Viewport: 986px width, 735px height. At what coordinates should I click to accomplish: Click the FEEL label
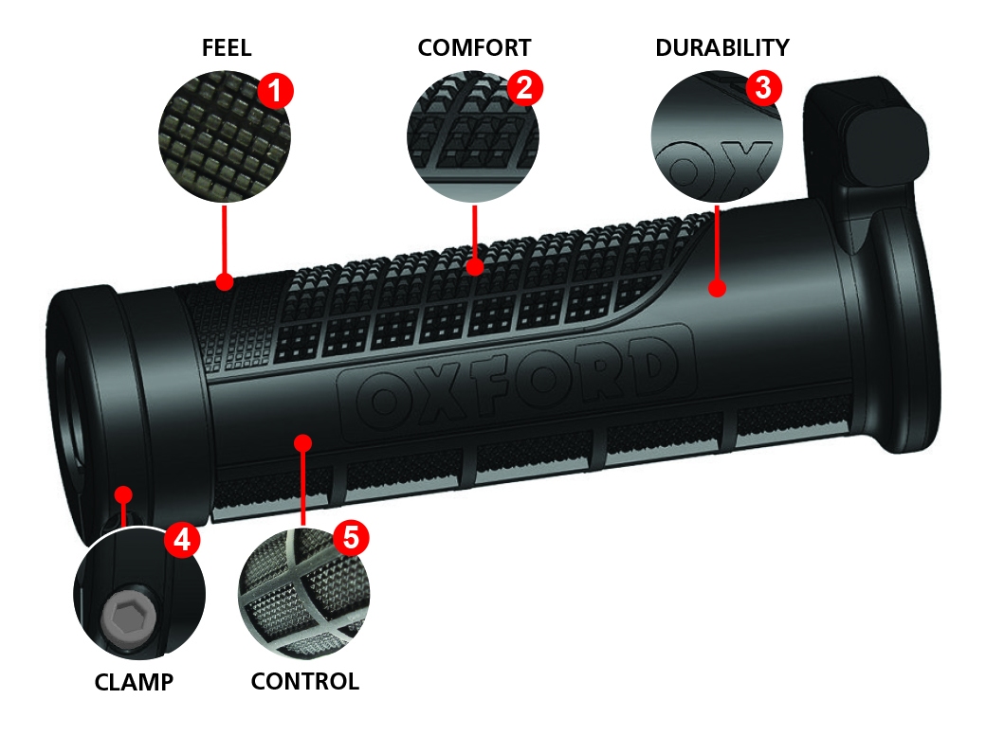coord(227,48)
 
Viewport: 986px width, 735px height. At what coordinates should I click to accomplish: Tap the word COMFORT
coord(474,48)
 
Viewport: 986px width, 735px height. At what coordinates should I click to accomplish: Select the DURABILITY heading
coord(722,48)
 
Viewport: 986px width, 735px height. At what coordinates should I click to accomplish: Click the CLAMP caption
coord(134,682)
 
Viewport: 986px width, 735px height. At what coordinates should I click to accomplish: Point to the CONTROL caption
coord(304,682)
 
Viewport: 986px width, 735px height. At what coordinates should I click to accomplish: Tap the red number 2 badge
coord(524,88)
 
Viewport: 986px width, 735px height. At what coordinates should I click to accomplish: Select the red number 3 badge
coord(763,88)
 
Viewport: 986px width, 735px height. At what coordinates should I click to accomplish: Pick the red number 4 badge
coord(182,540)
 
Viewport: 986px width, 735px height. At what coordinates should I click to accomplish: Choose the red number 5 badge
coord(350,538)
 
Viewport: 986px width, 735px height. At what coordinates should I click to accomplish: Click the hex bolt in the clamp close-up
coord(127,621)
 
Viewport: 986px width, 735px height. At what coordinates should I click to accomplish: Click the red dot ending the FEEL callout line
coord(225,281)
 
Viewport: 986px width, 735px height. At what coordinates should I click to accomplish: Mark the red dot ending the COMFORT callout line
coord(475,268)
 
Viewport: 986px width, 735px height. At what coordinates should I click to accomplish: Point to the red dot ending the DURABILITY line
coord(718,288)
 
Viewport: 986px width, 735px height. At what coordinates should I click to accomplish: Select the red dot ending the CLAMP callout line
coord(122,493)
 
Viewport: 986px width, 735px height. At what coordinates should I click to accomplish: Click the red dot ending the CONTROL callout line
coord(302,442)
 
